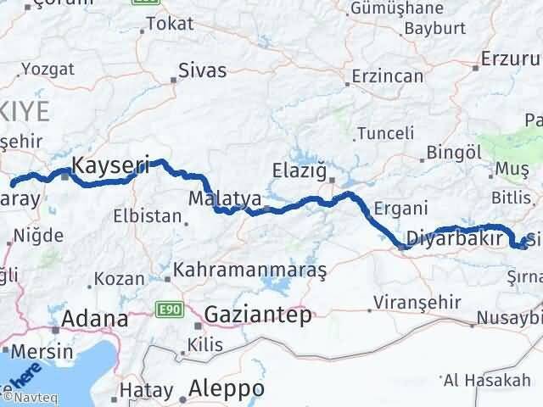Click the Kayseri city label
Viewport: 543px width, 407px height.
point(111,167)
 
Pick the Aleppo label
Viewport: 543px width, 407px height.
point(228,388)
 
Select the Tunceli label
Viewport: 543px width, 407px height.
point(386,133)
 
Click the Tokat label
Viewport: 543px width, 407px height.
point(170,24)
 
